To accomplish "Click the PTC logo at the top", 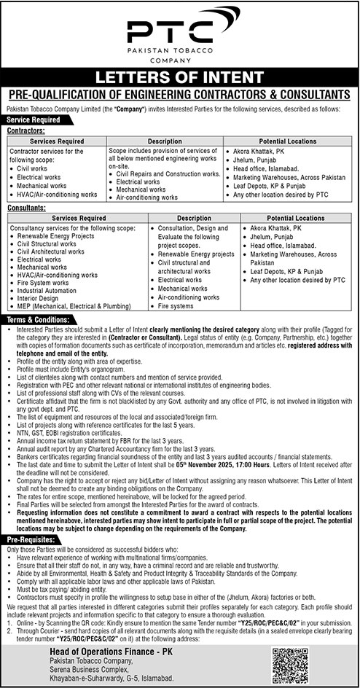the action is [x=179, y=33].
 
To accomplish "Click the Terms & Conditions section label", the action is [x=40, y=319].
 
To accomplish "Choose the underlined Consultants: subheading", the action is [x=26, y=208].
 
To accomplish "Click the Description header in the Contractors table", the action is [x=165, y=139].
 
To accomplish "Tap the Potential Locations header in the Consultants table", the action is [x=295, y=218].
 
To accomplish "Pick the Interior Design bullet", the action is [x=41, y=297].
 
